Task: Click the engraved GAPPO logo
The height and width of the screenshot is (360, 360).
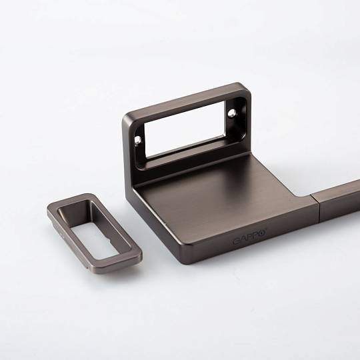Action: pyautogui.click(x=250, y=236)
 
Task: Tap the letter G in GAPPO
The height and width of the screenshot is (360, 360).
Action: pyautogui.click(x=237, y=241)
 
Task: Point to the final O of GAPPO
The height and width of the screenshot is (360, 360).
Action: pyautogui.click(x=263, y=232)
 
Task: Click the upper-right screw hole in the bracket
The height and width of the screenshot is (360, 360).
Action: pyautogui.click(x=232, y=113)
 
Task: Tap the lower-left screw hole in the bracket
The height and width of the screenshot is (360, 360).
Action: pyautogui.click(x=138, y=139)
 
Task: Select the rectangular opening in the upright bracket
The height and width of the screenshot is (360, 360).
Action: pyautogui.click(x=185, y=130)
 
